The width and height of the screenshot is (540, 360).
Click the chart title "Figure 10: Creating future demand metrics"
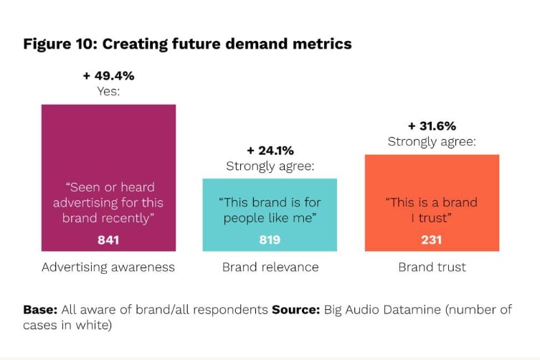pyautogui.click(x=187, y=44)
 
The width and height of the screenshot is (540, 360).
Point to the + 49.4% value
pyautogui.click(x=108, y=75)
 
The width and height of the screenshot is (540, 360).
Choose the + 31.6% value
pyautogui.click(x=432, y=125)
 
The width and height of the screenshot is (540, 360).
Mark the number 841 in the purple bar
pyautogui.click(x=108, y=240)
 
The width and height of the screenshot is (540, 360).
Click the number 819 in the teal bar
pyautogui.click(x=270, y=240)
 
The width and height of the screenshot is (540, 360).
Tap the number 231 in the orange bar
pyautogui.click(x=432, y=240)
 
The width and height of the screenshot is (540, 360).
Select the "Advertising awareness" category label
pyautogui.click(x=108, y=267)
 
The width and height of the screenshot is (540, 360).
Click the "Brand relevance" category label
pyautogui.click(x=270, y=267)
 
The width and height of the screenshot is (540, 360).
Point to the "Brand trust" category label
pyautogui.click(x=432, y=267)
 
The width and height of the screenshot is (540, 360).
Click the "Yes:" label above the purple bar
pyautogui.click(x=108, y=91)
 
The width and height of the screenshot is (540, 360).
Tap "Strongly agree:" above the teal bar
pyautogui.click(x=270, y=166)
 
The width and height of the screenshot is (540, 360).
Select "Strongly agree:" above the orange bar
pyautogui.click(x=432, y=141)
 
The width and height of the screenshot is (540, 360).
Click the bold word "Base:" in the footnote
pyautogui.click(x=40, y=310)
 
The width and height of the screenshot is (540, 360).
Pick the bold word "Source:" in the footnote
pyautogui.click(x=296, y=310)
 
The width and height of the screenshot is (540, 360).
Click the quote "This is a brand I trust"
pyautogui.click(x=432, y=209)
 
